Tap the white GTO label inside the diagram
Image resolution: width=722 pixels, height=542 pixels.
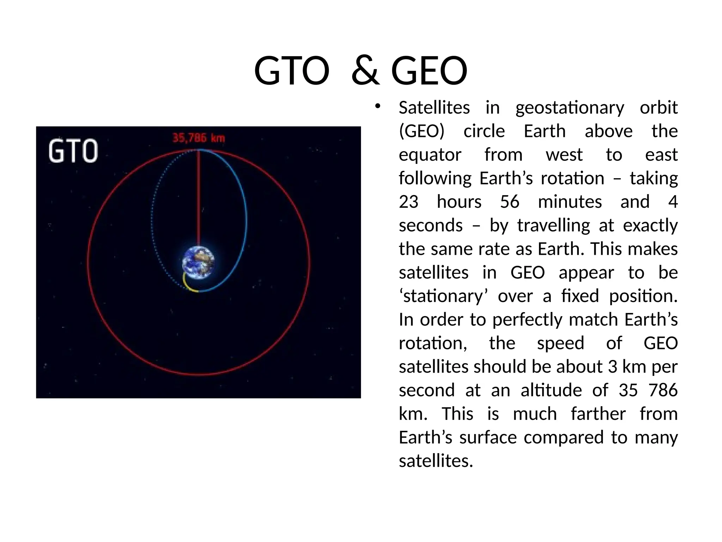pyautogui.click(x=73, y=151)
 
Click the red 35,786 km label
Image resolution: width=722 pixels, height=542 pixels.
pyautogui.click(x=198, y=138)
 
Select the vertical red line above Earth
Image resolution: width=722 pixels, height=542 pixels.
pyautogui.click(x=198, y=198)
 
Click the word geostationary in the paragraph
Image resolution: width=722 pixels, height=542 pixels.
pyautogui.click(x=569, y=108)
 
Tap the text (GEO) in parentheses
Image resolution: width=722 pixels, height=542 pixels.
pyautogui.click(x=422, y=131)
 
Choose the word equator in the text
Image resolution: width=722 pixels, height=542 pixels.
pyautogui.click(x=430, y=155)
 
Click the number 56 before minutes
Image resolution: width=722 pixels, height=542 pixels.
pyautogui.click(x=509, y=202)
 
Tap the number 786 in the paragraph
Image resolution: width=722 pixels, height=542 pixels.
pyautogui.click(x=663, y=390)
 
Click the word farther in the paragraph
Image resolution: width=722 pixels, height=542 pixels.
pyautogui.click(x=598, y=414)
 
